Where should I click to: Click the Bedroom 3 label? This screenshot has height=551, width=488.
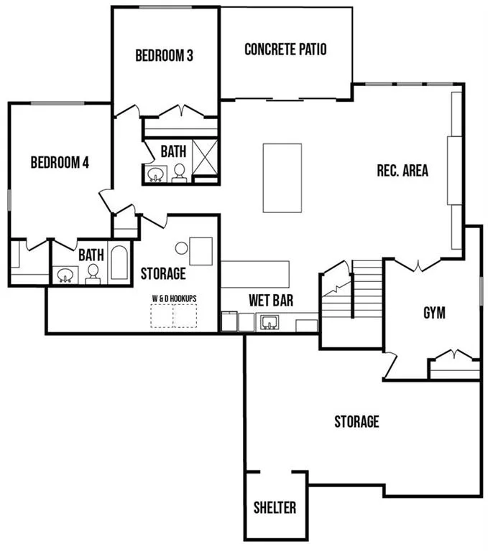coord(164,55)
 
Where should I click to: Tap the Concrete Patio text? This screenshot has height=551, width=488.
coord(285,50)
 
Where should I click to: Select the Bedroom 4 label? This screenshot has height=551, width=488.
coord(60,162)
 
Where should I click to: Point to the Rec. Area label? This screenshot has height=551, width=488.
coord(402,171)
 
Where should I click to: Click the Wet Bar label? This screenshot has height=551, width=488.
coord(271,301)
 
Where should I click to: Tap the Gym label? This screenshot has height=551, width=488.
coord(434,313)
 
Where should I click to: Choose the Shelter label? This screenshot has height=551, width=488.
coord(275,508)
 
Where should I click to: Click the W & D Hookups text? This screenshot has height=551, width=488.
coord(174,298)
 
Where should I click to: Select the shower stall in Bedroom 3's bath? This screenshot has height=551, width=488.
coord(205,157)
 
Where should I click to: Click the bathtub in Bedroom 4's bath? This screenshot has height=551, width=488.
coord(119,263)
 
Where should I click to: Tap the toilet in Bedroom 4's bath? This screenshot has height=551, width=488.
coord(93,274)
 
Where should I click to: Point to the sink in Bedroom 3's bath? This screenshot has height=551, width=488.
coord(155,174)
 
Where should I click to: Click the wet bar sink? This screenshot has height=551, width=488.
coord(270,322)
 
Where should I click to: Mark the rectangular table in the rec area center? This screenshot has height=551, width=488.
coord(282,178)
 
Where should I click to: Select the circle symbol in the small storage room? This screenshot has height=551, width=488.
coord(181,248)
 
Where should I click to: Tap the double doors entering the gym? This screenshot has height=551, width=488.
coord(418,265)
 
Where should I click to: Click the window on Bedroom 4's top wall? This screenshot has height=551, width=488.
coord(57,103)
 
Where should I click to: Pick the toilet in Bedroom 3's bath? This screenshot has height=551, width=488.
coord(179,173)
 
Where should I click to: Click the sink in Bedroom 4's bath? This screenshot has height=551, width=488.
coord(65,275)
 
